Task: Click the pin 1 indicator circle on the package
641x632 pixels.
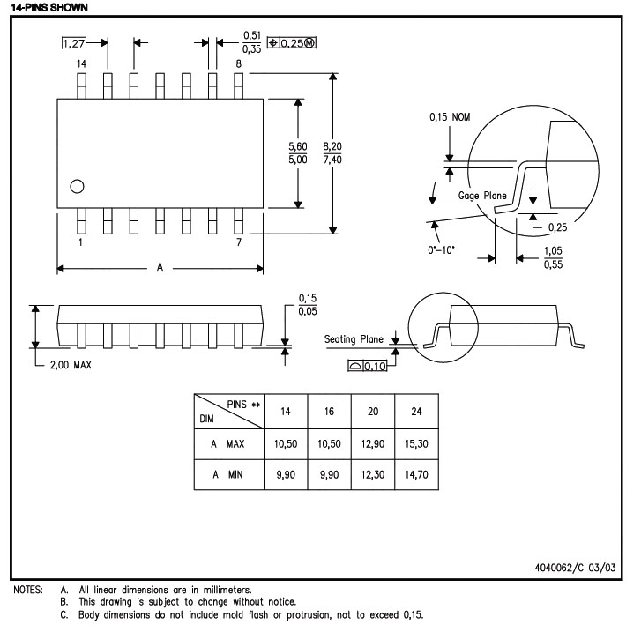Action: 77,186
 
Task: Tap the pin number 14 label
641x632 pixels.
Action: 81,64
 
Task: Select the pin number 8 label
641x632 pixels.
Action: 238,64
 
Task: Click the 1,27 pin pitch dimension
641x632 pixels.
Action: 74,41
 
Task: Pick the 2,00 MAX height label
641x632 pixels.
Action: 71,365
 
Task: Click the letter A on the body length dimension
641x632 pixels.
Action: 160,268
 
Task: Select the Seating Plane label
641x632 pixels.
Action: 354,338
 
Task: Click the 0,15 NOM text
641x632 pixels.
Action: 450,116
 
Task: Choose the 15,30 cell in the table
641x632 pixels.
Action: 417,443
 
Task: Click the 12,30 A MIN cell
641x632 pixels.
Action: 373,476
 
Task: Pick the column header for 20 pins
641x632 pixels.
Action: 373,412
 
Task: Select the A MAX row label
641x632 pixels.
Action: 227,443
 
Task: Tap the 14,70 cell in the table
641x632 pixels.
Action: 417,476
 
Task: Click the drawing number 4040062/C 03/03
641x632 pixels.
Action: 573,569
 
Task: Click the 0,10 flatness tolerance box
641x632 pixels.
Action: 369,366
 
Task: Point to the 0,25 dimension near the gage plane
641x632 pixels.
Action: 557,227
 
